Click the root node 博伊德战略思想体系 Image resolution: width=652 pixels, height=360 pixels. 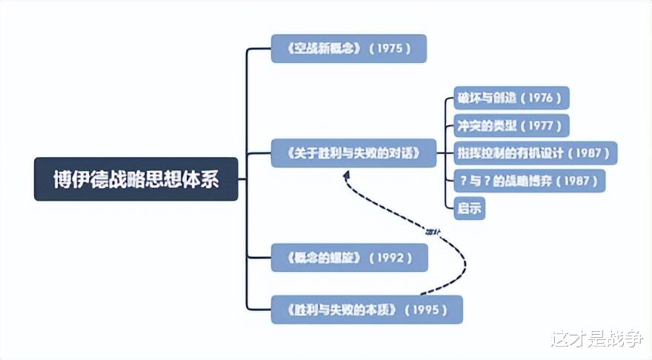(136, 179)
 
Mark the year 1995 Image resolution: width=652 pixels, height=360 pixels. (429, 310)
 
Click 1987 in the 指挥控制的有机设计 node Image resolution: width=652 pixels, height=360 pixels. (590, 153)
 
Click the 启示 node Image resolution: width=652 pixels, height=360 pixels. (469, 208)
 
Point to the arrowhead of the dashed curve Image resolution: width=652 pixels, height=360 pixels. (345, 173)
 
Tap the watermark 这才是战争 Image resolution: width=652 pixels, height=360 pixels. (596, 339)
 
